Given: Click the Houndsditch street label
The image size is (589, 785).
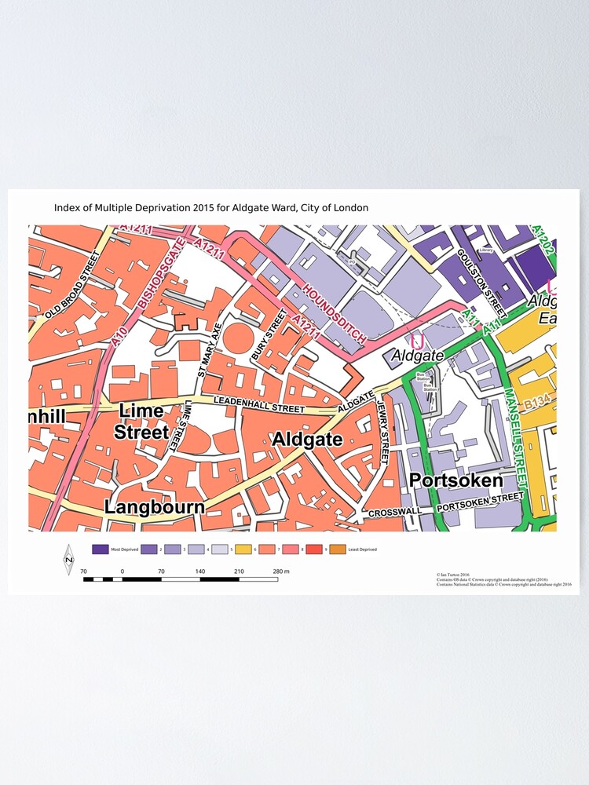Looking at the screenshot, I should pyautogui.click(x=335, y=313).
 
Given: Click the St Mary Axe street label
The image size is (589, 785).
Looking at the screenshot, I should pyautogui.click(x=210, y=352).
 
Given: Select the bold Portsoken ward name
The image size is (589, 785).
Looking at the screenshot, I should pyautogui.click(x=455, y=480).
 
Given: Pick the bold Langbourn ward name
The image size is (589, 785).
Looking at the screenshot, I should pyautogui.click(x=155, y=507).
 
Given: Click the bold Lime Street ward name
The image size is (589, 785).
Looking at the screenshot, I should pyautogui.click(x=141, y=422).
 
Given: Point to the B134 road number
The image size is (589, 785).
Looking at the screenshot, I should pyautogui.click(x=538, y=402).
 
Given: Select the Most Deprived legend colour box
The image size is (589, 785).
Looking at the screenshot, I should pyautogui.click(x=100, y=549).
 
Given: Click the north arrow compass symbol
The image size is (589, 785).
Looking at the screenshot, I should pyautogui.click(x=68, y=560).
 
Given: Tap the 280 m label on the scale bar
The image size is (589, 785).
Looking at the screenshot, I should pyautogui.click(x=281, y=571).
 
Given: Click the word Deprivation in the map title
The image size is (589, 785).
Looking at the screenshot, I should pyautogui.click(x=181, y=208).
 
